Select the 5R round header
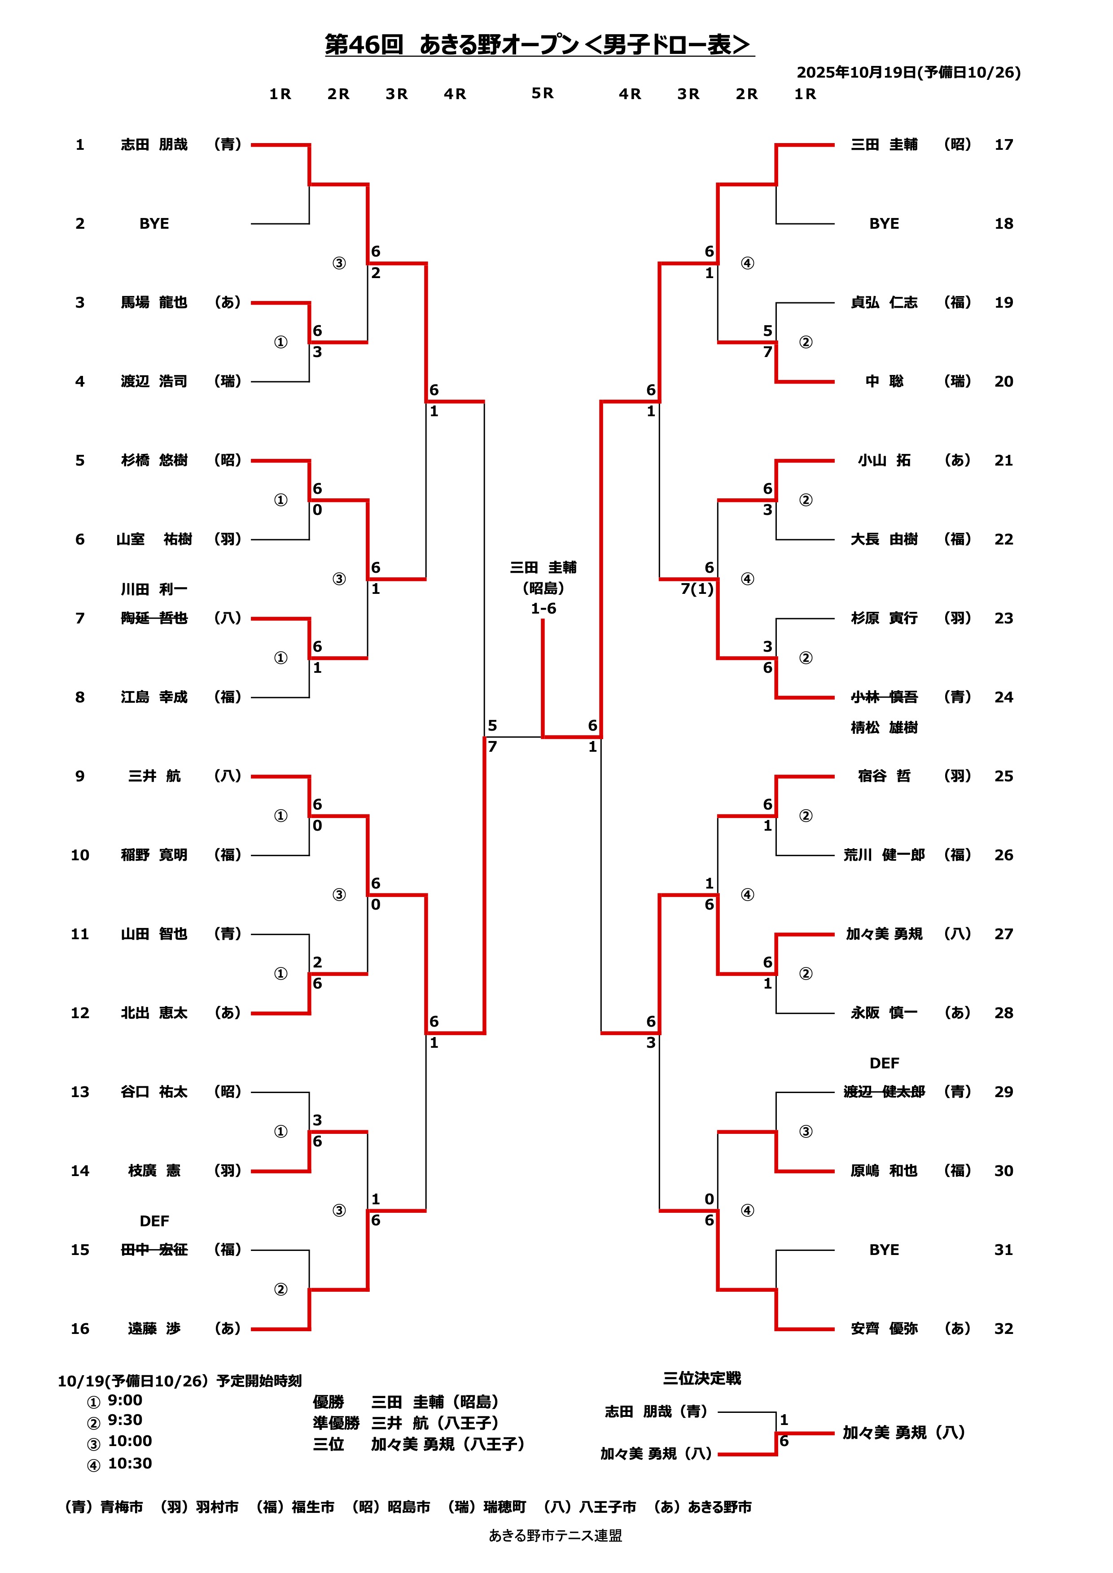tap(542, 93)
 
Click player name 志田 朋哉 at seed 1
tap(154, 144)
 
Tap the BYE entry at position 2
tap(154, 224)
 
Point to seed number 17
tap(1003, 144)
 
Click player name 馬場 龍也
tap(154, 303)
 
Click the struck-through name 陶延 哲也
tap(154, 619)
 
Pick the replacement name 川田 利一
tap(154, 589)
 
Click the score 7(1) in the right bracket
tap(697, 589)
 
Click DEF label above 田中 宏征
tap(154, 1221)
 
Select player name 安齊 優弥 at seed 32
tap(884, 1329)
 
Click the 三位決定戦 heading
tap(702, 1378)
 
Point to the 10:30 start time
tap(130, 1464)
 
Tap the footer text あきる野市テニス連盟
tap(555, 1536)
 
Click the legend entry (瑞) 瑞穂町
tap(486, 1507)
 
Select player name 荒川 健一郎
tap(884, 855)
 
